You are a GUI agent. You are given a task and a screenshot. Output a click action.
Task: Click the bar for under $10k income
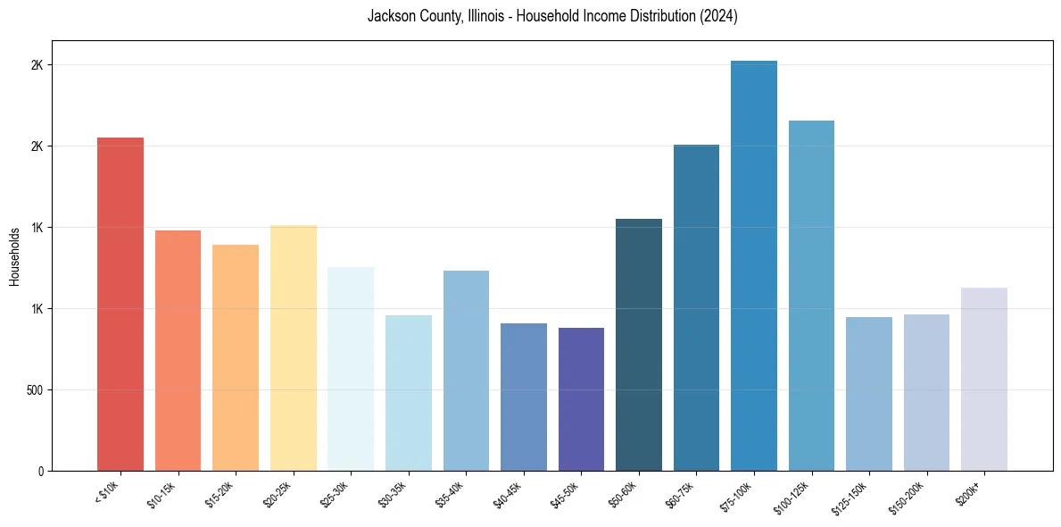[x=120, y=304]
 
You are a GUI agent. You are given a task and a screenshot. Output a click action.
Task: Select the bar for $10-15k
[x=178, y=350]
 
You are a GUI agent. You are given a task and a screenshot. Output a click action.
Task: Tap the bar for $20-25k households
[x=293, y=347]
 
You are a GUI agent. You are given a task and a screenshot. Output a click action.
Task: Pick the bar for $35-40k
[x=466, y=371]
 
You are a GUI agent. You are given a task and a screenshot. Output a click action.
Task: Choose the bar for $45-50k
[x=581, y=399]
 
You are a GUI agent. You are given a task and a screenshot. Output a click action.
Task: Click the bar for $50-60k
[x=639, y=345]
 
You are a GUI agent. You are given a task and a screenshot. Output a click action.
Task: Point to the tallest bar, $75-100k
[x=754, y=265]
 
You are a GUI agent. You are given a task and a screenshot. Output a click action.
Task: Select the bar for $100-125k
[x=811, y=296]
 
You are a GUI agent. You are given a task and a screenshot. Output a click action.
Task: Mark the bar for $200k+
[x=984, y=379]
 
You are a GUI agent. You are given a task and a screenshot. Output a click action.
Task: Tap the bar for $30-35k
[x=409, y=393]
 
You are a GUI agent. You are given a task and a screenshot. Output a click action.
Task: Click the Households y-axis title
[x=14, y=256]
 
